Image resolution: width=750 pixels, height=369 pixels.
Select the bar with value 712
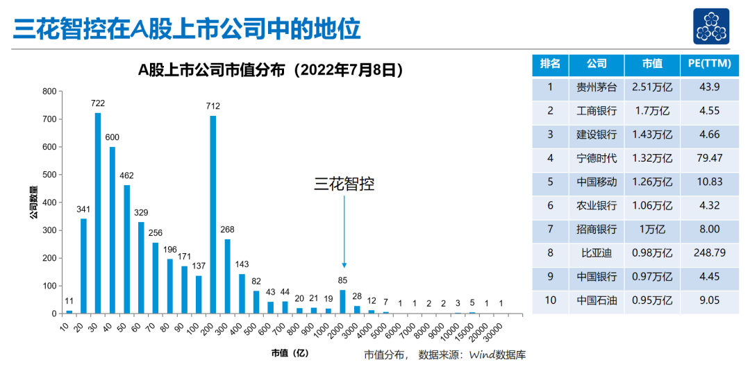[x=212, y=214]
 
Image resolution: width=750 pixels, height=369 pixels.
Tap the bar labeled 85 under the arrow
[x=342, y=301]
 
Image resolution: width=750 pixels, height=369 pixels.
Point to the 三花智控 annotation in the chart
[x=344, y=184]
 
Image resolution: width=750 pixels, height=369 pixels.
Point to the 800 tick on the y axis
[x=49, y=92]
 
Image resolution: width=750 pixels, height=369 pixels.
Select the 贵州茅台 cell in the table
[x=597, y=87]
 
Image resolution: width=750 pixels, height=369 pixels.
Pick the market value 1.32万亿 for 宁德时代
[x=652, y=158]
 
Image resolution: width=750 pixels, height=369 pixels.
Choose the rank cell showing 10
[x=550, y=300]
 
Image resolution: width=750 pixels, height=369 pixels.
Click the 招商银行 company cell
[x=597, y=229]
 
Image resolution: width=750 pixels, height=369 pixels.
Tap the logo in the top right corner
[x=710, y=26]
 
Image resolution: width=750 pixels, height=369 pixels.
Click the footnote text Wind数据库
[x=498, y=355]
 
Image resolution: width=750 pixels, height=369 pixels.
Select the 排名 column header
[x=550, y=64]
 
